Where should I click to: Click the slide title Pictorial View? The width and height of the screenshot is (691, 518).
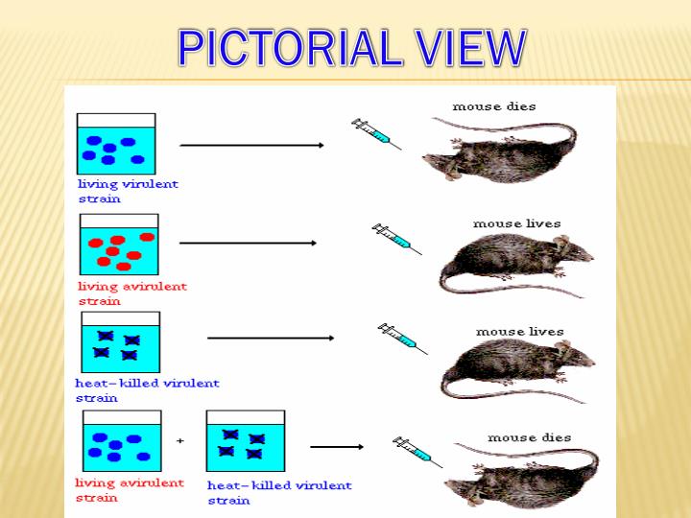click(x=352, y=48)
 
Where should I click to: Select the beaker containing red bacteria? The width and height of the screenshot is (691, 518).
click(x=119, y=245)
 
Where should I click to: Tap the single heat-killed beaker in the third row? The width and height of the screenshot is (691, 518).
click(x=120, y=342)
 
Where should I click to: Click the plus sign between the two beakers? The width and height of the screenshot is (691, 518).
click(x=180, y=440)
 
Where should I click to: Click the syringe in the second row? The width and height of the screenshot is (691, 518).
click(x=396, y=237)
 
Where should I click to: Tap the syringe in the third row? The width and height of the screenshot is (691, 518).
click(x=402, y=338)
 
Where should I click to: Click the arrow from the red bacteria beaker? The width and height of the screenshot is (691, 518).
click(x=248, y=243)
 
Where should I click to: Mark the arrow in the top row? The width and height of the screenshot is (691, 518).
click(x=251, y=145)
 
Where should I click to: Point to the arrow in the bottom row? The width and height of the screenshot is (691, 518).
click(x=336, y=446)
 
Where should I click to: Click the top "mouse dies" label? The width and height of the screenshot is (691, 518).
click(x=493, y=106)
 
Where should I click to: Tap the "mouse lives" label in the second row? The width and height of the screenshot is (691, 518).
click(x=516, y=224)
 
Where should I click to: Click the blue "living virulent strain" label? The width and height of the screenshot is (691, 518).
click(x=128, y=191)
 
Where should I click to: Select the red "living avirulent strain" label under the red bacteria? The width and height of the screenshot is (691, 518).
click(x=131, y=293)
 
